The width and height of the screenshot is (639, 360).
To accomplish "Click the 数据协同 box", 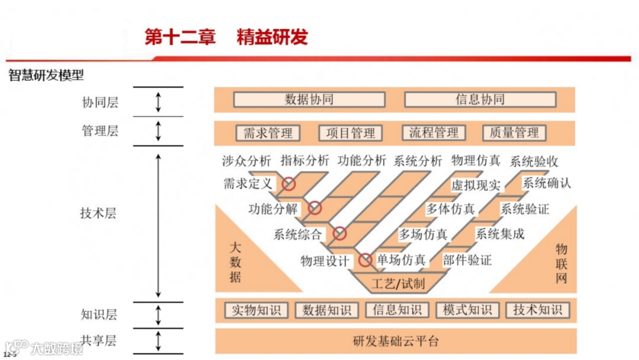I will (309, 99).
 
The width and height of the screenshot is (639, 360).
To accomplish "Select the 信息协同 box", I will (480, 99).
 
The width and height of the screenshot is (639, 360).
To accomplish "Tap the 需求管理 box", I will (268, 133).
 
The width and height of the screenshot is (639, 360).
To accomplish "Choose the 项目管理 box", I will (350, 133).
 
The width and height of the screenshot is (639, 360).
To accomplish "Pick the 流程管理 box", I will (434, 133).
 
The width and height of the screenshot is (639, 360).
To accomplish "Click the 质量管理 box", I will (514, 133).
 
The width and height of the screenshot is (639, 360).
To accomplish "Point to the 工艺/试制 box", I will (398, 283).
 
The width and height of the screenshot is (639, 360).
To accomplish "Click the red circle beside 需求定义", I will (288, 184).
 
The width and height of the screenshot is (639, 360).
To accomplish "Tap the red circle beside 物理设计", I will (365, 259).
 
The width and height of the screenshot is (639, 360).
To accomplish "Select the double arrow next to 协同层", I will (158, 101).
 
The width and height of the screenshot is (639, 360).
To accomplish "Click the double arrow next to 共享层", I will (158, 341).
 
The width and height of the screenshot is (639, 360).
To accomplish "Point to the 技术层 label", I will (98, 214).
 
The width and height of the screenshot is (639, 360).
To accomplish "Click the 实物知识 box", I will (256, 310).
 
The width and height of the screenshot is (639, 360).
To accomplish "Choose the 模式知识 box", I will (467, 310).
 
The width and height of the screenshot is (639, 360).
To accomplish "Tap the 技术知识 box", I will (537, 310).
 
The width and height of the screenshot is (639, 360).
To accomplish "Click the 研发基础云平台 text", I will (396, 341).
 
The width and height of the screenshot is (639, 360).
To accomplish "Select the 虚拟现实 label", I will (475, 185).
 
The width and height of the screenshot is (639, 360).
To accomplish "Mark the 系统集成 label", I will (499, 234).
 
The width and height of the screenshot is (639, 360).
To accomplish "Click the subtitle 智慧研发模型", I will (46, 76).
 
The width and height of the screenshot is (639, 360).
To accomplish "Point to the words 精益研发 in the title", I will (272, 37).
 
